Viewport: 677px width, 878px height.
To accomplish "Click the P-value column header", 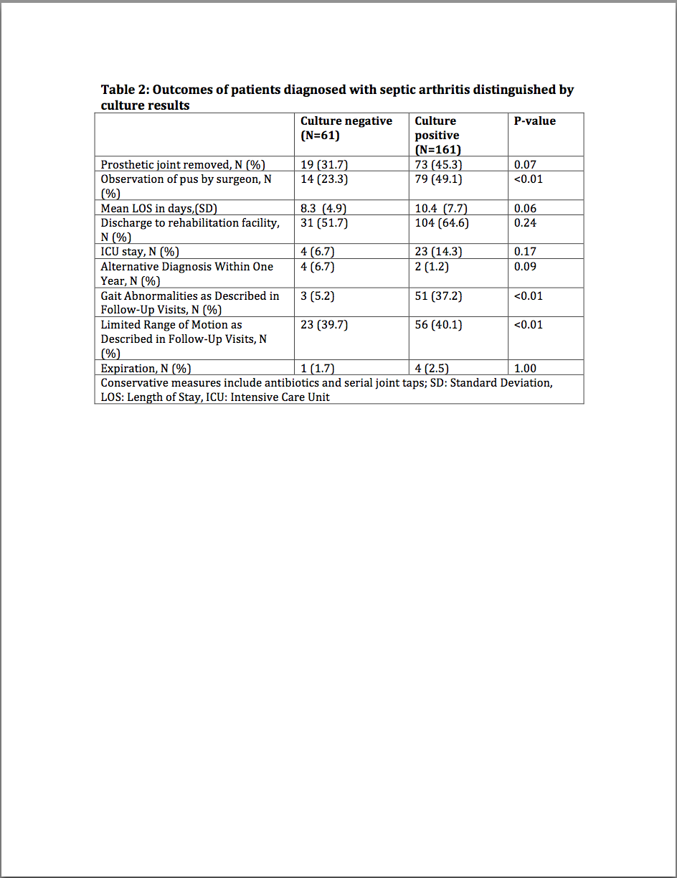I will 535,121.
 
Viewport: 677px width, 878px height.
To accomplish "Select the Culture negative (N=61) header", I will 346,128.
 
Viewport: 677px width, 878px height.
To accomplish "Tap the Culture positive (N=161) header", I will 437,135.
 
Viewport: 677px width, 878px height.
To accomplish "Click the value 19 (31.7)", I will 323,165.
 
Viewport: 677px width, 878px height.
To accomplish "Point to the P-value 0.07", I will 525,165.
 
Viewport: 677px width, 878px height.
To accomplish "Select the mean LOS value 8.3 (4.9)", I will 323,209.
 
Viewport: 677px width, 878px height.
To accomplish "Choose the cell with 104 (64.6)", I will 442,223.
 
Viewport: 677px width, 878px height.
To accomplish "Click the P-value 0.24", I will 525,223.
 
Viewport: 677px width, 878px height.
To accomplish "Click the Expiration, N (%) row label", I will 146,369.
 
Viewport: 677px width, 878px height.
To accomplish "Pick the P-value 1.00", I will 525,369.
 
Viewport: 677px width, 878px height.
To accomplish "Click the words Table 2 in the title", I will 124,90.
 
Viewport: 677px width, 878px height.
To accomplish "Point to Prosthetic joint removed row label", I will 183,165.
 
